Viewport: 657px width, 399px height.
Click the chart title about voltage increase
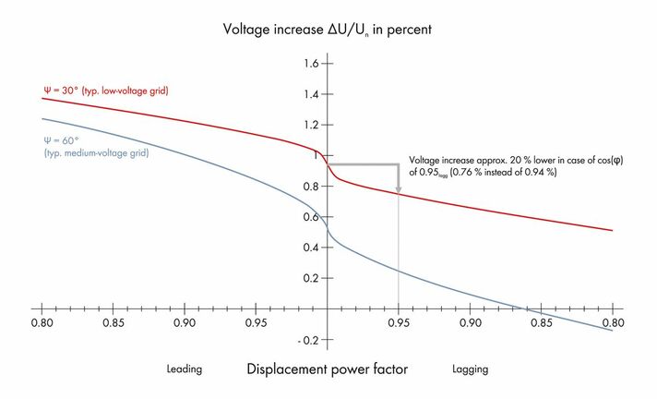click(328, 29)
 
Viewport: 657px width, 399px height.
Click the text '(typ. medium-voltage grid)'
click(97, 151)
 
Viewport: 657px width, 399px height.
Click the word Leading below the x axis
click(185, 369)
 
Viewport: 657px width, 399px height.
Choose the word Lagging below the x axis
click(471, 369)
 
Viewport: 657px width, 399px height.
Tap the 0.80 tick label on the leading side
click(41, 324)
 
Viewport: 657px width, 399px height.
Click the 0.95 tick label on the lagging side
click(399, 324)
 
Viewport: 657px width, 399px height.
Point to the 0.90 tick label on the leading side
click(184, 324)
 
